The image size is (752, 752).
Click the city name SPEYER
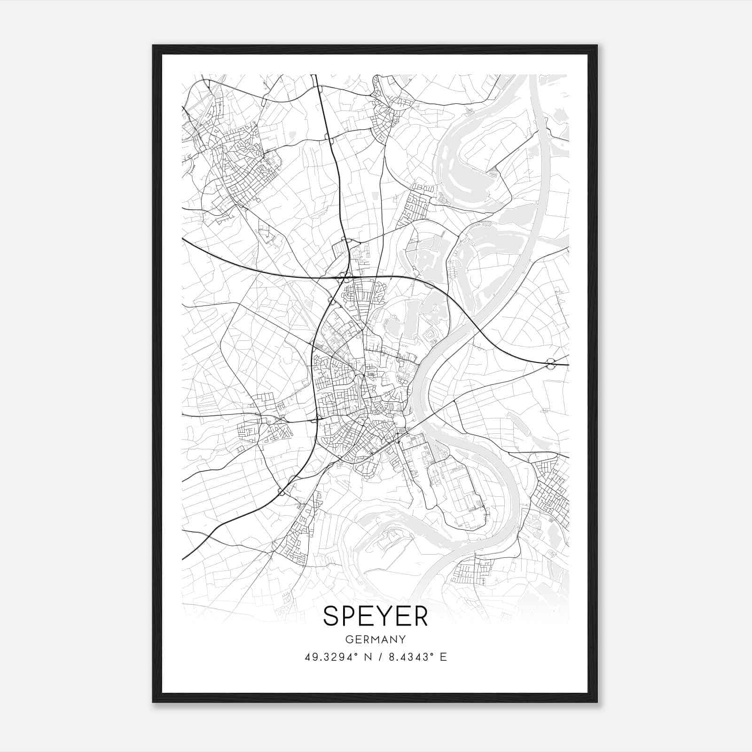376,616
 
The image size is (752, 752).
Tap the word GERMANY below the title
376,640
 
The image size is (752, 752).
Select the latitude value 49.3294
327,657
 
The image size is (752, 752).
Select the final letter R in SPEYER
420,616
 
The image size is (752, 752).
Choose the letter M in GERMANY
376,640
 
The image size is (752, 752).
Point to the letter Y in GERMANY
402,640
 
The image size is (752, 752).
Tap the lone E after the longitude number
443,657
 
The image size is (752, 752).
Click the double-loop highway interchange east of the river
551,362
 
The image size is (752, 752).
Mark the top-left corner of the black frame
153,46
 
